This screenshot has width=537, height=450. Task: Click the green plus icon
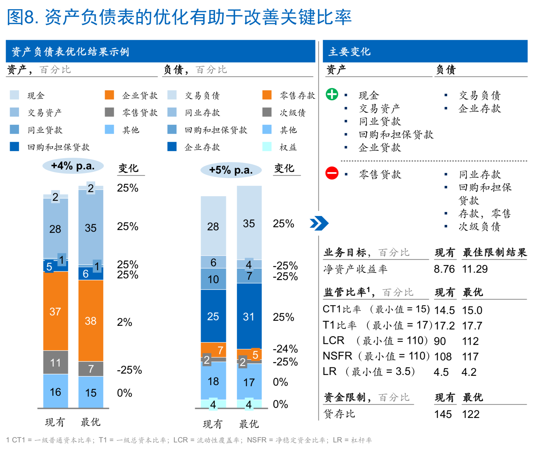coord(332,94)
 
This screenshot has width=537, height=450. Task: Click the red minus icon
coord(332,173)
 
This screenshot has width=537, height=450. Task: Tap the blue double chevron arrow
coord(319,223)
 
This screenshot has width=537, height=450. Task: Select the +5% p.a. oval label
coord(231,170)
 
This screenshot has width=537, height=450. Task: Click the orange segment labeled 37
coord(55,311)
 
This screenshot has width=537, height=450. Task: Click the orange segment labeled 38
coord(91,321)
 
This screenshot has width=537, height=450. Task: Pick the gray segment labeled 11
coord(55,362)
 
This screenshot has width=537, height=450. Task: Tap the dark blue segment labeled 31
coord(249,317)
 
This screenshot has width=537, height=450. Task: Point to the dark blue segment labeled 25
coord(213,316)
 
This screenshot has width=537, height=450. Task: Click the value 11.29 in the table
coord(475,269)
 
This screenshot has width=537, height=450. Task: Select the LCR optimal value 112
coord(470,341)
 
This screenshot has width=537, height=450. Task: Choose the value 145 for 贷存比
coord(443,414)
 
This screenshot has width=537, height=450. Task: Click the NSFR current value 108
coord(443,356)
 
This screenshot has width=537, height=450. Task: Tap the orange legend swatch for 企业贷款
coord(109,95)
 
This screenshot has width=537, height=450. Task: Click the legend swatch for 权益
coord(267,147)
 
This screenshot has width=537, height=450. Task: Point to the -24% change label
coord(285,349)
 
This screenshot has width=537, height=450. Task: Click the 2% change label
coord(124,322)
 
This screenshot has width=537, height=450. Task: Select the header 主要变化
coord(350,52)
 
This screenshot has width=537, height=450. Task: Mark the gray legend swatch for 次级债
coord(267,112)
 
